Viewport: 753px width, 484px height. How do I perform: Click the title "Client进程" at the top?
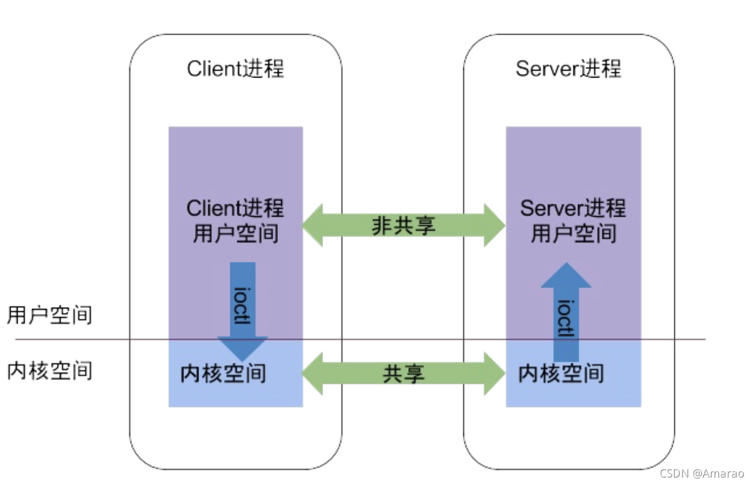(236, 69)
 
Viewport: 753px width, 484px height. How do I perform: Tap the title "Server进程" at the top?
(568, 69)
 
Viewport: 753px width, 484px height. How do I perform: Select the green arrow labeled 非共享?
(404, 226)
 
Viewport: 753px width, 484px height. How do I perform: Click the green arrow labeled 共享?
(404, 374)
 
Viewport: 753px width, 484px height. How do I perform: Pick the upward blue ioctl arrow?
(566, 311)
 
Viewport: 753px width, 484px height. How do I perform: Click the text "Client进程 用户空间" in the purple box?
(236, 221)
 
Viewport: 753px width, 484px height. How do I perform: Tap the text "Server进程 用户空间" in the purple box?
(573, 221)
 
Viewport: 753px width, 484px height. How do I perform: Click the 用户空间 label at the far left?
(50, 315)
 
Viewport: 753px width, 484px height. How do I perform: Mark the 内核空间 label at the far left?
(50, 371)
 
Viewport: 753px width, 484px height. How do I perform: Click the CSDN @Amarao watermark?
(701, 473)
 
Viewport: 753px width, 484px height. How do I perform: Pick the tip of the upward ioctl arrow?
(566, 265)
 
